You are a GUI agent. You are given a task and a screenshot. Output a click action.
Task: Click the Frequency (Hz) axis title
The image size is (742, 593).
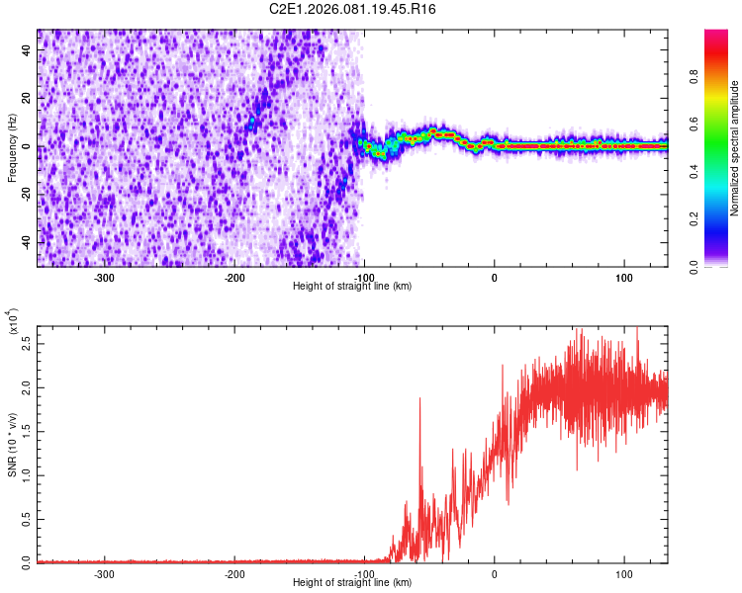[x=12, y=148]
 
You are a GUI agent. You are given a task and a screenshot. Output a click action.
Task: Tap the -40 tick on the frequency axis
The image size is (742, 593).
[x=26, y=242]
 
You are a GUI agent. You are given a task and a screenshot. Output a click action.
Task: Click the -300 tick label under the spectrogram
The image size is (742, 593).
[x=105, y=278]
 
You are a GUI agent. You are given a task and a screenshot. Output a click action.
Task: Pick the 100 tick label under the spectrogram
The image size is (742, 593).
[x=624, y=278]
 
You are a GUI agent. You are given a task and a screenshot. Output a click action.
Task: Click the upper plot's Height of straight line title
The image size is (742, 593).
[x=353, y=287]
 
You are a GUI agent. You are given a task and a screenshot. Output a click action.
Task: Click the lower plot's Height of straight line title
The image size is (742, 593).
[x=353, y=583]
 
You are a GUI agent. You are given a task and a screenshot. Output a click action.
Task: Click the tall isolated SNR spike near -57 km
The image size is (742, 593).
[x=420, y=399]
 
